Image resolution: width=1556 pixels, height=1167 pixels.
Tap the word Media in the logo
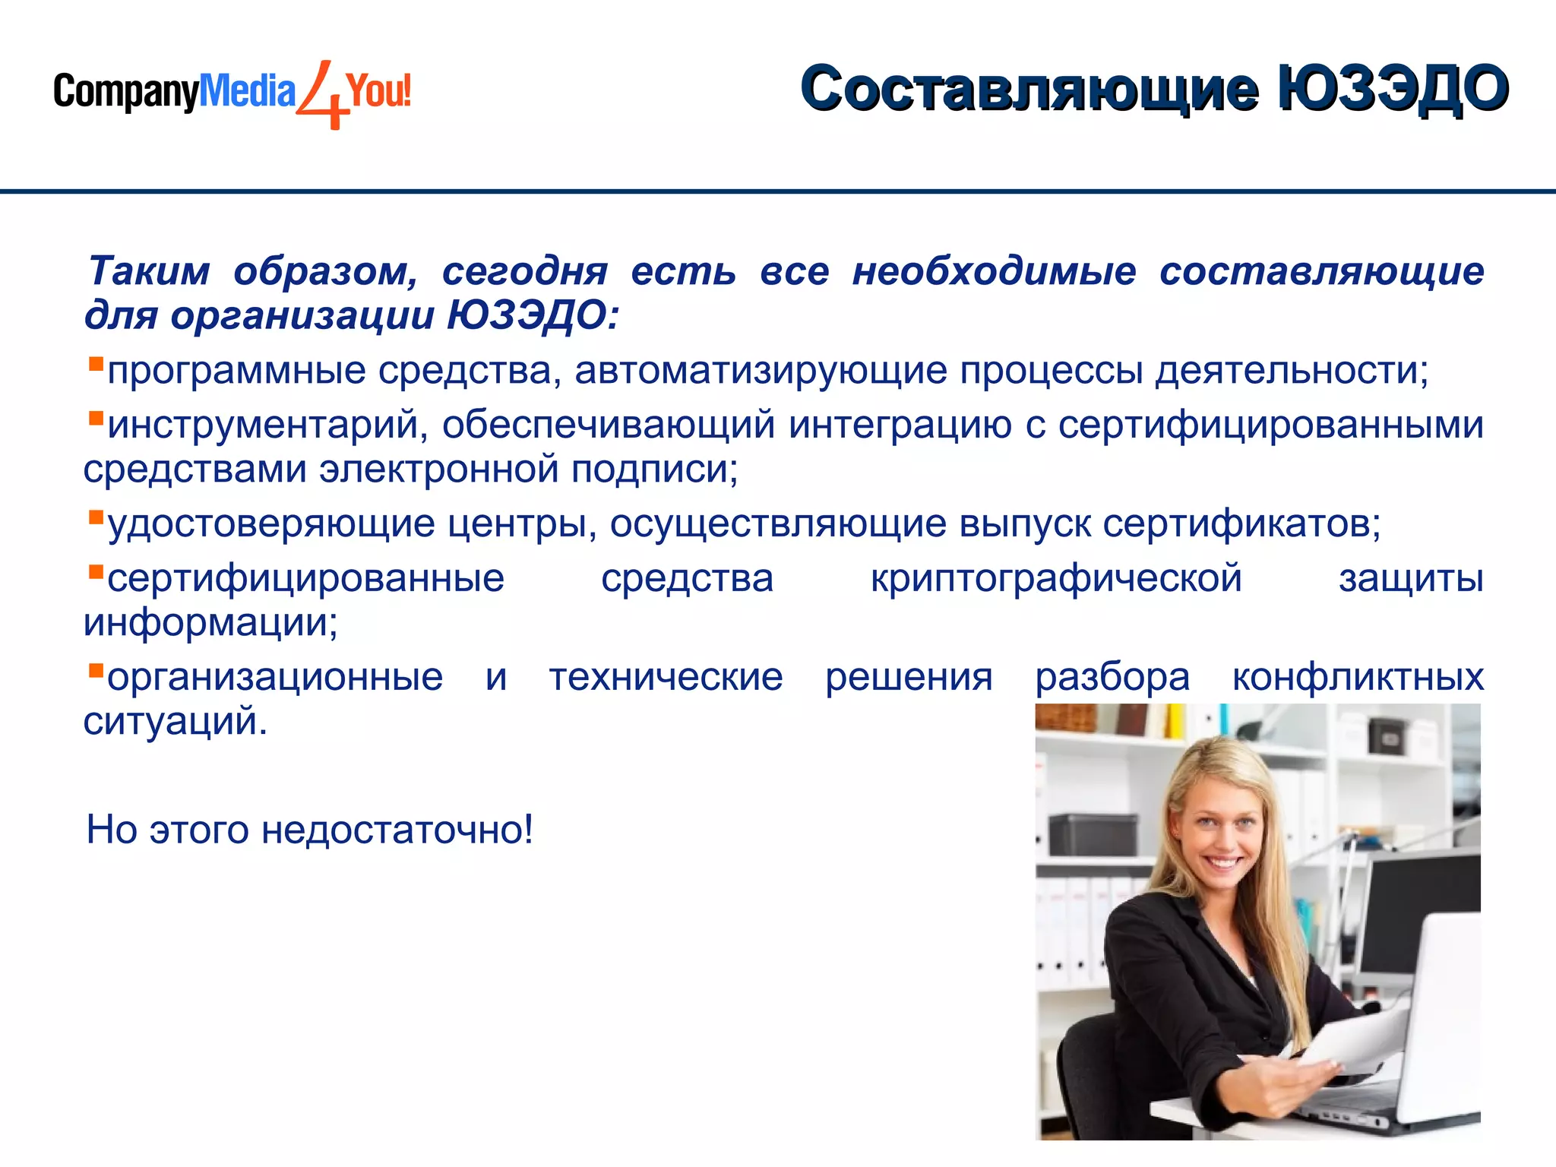coord(246,92)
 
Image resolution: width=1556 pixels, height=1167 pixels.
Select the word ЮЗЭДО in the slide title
coord(1392,89)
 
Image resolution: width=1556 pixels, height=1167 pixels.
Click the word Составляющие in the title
coord(1029,89)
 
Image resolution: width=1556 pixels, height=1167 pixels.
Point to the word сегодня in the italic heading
coord(525,271)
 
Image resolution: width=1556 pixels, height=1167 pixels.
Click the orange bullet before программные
coord(96,363)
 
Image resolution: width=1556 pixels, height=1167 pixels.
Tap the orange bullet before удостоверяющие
coord(96,517)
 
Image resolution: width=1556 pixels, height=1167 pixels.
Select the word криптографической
coord(1056,578)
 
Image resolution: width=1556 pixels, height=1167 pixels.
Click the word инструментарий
coord(263,425)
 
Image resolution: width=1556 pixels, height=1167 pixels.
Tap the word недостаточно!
coord(397,830)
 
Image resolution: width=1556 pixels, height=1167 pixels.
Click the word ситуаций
coord(174,721)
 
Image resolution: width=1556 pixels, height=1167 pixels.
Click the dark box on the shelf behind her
coord(1094,834)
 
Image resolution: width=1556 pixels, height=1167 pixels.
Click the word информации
coord(210,623)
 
